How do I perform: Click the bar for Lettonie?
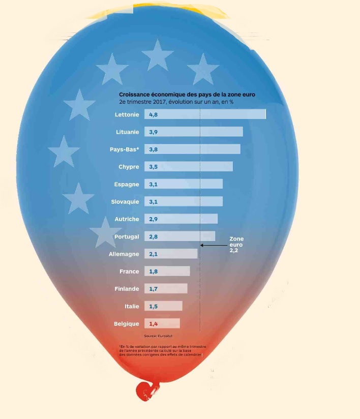click(205, 114)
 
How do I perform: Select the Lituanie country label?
click(127, 132)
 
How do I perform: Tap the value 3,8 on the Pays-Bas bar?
click(154, 149)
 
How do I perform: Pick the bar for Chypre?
click(189, 167)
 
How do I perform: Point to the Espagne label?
click(126, 184)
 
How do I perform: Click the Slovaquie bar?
click(184, 201)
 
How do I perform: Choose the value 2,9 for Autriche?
click(154, 219)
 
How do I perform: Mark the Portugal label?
click(127, 236)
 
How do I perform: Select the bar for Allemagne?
click(171, 254)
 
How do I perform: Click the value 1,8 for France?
click(154, 272)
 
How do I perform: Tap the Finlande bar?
click(166, 289)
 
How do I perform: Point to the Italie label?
click(132, 306)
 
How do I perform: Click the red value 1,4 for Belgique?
click(154, 323)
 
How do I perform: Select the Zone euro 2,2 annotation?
click(236, 245)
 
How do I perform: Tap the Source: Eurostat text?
click(156, 336)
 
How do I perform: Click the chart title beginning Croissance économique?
click(187, 95)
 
